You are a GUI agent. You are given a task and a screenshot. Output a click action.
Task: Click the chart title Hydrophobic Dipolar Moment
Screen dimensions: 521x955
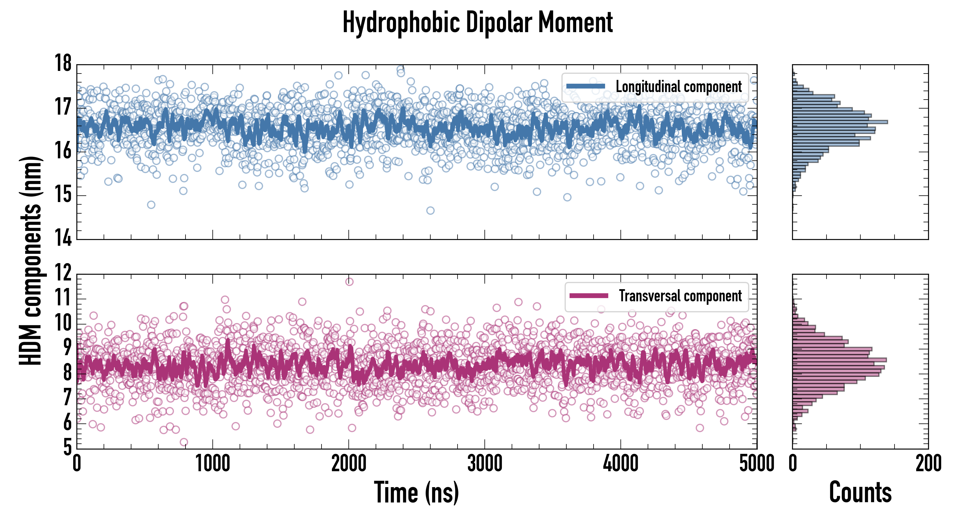477,22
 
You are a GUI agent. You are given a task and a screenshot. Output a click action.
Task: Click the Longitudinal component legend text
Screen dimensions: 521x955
678,87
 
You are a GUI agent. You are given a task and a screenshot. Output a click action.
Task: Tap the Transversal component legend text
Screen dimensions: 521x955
680,296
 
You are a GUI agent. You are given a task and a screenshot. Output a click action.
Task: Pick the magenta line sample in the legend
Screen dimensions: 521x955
589,296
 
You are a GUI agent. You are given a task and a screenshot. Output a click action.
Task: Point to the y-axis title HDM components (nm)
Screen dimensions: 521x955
30,260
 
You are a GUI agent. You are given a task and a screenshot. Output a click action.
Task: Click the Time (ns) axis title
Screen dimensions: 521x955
416,492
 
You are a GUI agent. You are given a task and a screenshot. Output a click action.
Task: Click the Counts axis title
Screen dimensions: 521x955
860,492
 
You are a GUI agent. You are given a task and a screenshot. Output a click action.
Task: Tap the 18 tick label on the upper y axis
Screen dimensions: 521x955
63,63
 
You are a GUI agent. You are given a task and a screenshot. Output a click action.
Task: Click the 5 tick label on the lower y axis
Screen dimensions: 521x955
67,447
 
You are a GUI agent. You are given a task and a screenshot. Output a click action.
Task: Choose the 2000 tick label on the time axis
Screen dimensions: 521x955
348,463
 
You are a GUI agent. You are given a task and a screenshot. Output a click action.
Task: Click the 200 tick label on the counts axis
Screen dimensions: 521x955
928,463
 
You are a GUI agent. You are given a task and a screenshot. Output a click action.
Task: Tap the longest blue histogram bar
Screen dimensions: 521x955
840,122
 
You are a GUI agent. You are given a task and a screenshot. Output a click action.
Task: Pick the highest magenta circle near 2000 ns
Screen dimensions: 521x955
349,282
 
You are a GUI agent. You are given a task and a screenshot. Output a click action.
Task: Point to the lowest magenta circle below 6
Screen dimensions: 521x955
183,442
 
